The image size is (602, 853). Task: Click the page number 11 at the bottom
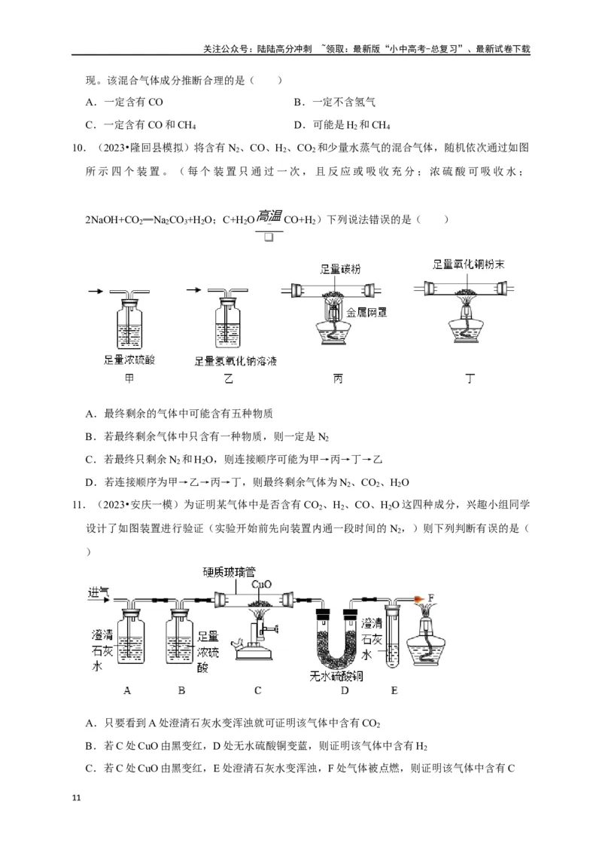coord(73,796)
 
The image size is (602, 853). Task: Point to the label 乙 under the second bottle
coord(228,380)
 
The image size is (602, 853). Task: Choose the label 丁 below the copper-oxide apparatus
coord(470,380)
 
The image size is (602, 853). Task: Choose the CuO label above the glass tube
coord(263,584)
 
